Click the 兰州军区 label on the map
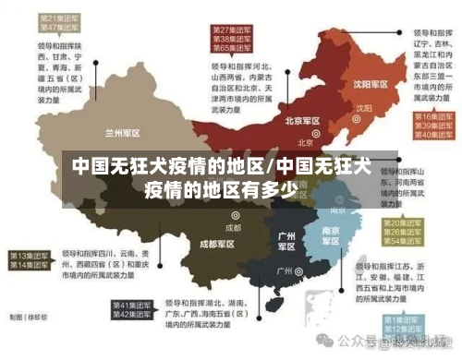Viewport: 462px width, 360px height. point(124,132)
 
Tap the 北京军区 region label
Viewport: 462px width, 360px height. point(302,121)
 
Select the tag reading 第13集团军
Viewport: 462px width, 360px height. point(28,255)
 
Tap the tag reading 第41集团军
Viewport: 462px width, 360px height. point(131,305)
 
